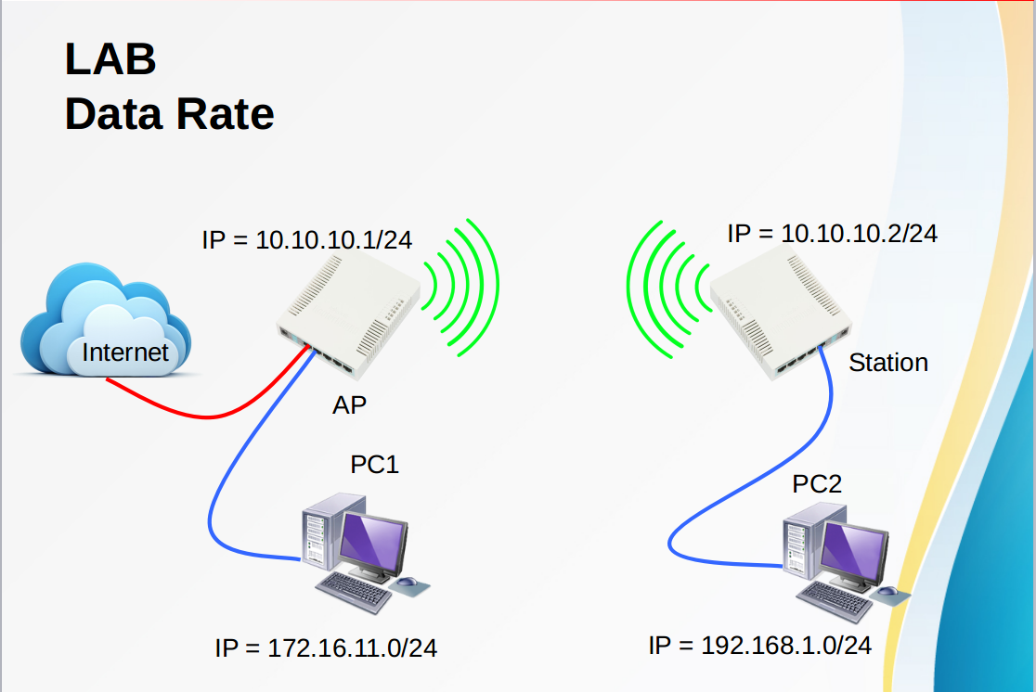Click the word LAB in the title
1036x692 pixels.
tap(110, 60)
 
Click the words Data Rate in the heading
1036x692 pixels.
tap(169, 114)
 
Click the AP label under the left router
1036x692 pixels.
tap(350, 404)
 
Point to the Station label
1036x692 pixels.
tap(887, 363)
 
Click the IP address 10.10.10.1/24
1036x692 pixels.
tap(307, 240)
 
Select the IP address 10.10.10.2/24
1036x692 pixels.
tap(833, 233)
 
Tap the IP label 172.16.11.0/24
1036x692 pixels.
tap(326, 647)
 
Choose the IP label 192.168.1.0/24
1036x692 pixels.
tap(760, 645)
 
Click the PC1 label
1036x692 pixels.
tap(374, 464)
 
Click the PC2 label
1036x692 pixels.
tap(817, 483)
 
